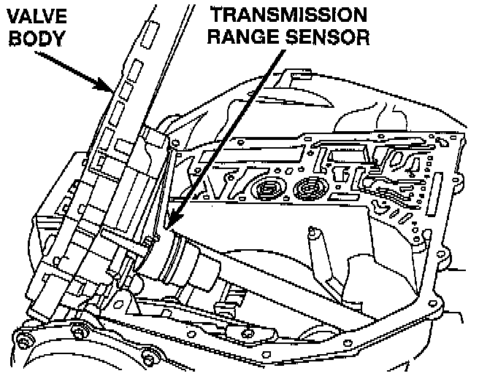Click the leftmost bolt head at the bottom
23,338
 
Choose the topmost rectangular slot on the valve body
150,33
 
